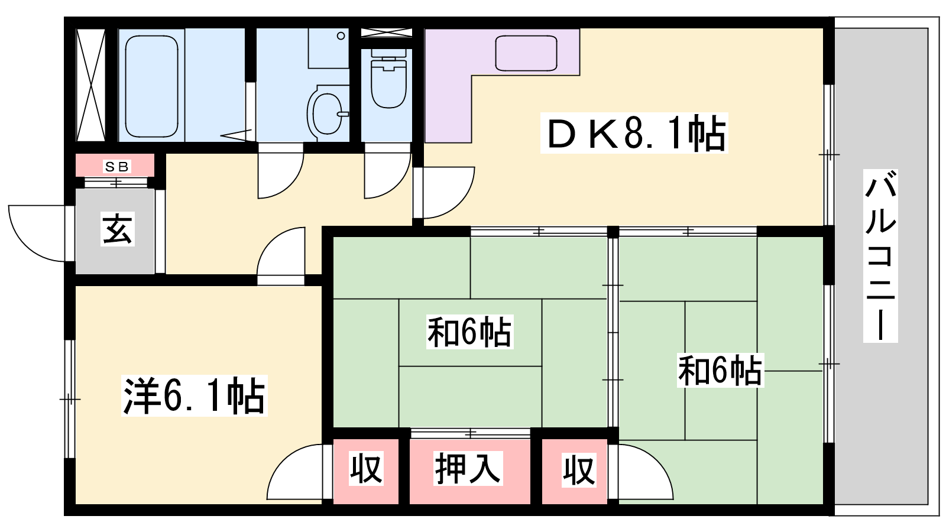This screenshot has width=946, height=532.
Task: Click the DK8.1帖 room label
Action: pos(634,133)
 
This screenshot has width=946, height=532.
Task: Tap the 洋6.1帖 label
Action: pos(195,395)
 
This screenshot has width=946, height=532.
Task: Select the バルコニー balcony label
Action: pos(880,256)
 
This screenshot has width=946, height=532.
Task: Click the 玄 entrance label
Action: pos(118,229)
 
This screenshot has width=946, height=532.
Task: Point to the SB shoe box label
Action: pos(116,167)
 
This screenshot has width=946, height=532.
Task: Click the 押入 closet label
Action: pos(468,468)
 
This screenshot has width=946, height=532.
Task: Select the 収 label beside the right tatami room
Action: pos(579,469)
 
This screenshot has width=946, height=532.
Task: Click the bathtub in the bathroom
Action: pos(151,86)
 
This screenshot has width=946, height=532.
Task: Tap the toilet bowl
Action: pos(388,79)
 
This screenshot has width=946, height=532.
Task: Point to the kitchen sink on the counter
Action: pos(526,53)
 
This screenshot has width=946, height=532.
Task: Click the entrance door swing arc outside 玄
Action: pos(37,233)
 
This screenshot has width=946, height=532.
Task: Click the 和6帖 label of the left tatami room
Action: pos(469,332)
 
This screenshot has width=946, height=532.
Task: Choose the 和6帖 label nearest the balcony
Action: pos(721,370)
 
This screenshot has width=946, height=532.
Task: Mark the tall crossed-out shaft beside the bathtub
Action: pos(90,85)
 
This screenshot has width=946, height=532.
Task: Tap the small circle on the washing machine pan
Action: pos(341,36)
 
